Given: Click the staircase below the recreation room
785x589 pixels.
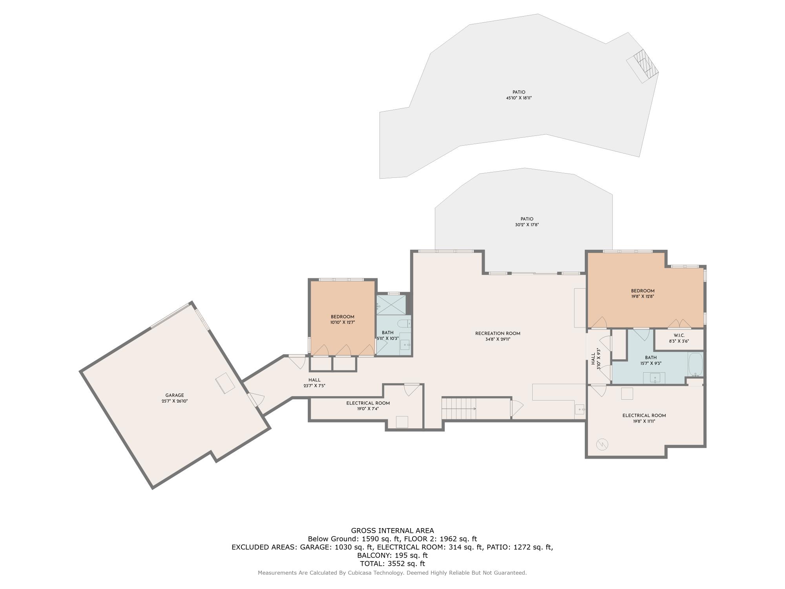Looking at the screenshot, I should point(458,408).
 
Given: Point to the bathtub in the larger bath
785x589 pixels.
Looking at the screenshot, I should point(695,364).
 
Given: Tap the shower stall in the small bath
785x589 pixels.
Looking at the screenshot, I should point(391,304).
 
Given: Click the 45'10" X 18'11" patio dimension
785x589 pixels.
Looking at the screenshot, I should point(518,98).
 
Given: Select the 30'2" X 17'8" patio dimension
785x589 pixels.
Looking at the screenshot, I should point(527,225).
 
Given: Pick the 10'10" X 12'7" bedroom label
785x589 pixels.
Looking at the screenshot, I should point(342,320).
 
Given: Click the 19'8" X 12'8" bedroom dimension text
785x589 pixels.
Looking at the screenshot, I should point(643,297).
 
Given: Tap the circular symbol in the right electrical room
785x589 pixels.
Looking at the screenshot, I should point(602,444).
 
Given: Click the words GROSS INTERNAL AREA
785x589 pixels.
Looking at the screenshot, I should point(392,530).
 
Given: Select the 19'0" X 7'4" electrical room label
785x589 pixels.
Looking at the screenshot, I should point(368,406).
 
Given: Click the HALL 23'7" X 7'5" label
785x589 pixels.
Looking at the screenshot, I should point(314,383).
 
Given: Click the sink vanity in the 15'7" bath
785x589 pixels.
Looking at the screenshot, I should point(655,379).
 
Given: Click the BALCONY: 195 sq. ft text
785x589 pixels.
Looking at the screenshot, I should point(392,555).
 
